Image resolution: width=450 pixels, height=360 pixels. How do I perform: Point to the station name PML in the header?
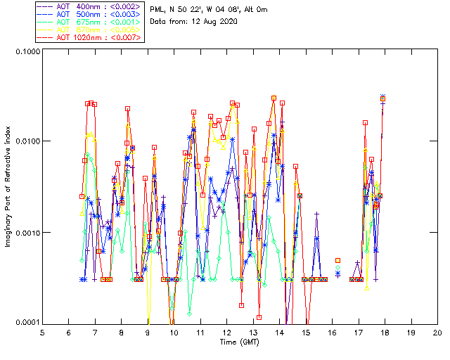pyautogui.click(x=157, y=8)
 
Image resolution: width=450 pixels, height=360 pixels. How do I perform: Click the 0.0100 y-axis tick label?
pyautogui.click(x=27, y=142)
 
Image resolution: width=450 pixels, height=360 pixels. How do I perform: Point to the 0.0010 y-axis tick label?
pyautogui.click(x=27, y=233)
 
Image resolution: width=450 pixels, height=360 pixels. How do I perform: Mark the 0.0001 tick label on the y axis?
pyautogui.click(x=27, y=323)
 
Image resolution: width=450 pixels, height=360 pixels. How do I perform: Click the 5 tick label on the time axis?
pyautogui.click(x=42, y=332)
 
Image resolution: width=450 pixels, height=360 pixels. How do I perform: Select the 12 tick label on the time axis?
pyautogui.click(x=226, y=332)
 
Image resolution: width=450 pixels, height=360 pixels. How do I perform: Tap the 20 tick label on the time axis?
pyautogui.click(x=437, y=332)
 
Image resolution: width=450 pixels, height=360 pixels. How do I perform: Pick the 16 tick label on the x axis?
pyautogui.click(x=332, y=332)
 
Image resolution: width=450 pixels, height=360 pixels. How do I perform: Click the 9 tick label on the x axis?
pyautogui.click(x=148, y=332)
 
